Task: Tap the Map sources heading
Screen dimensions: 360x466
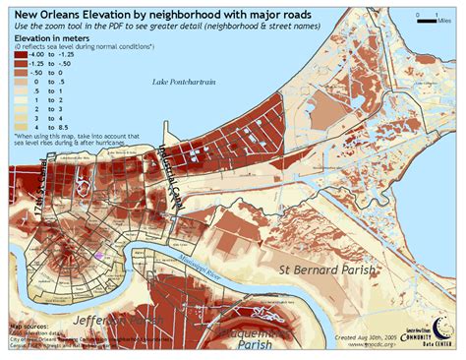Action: [30, 325]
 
